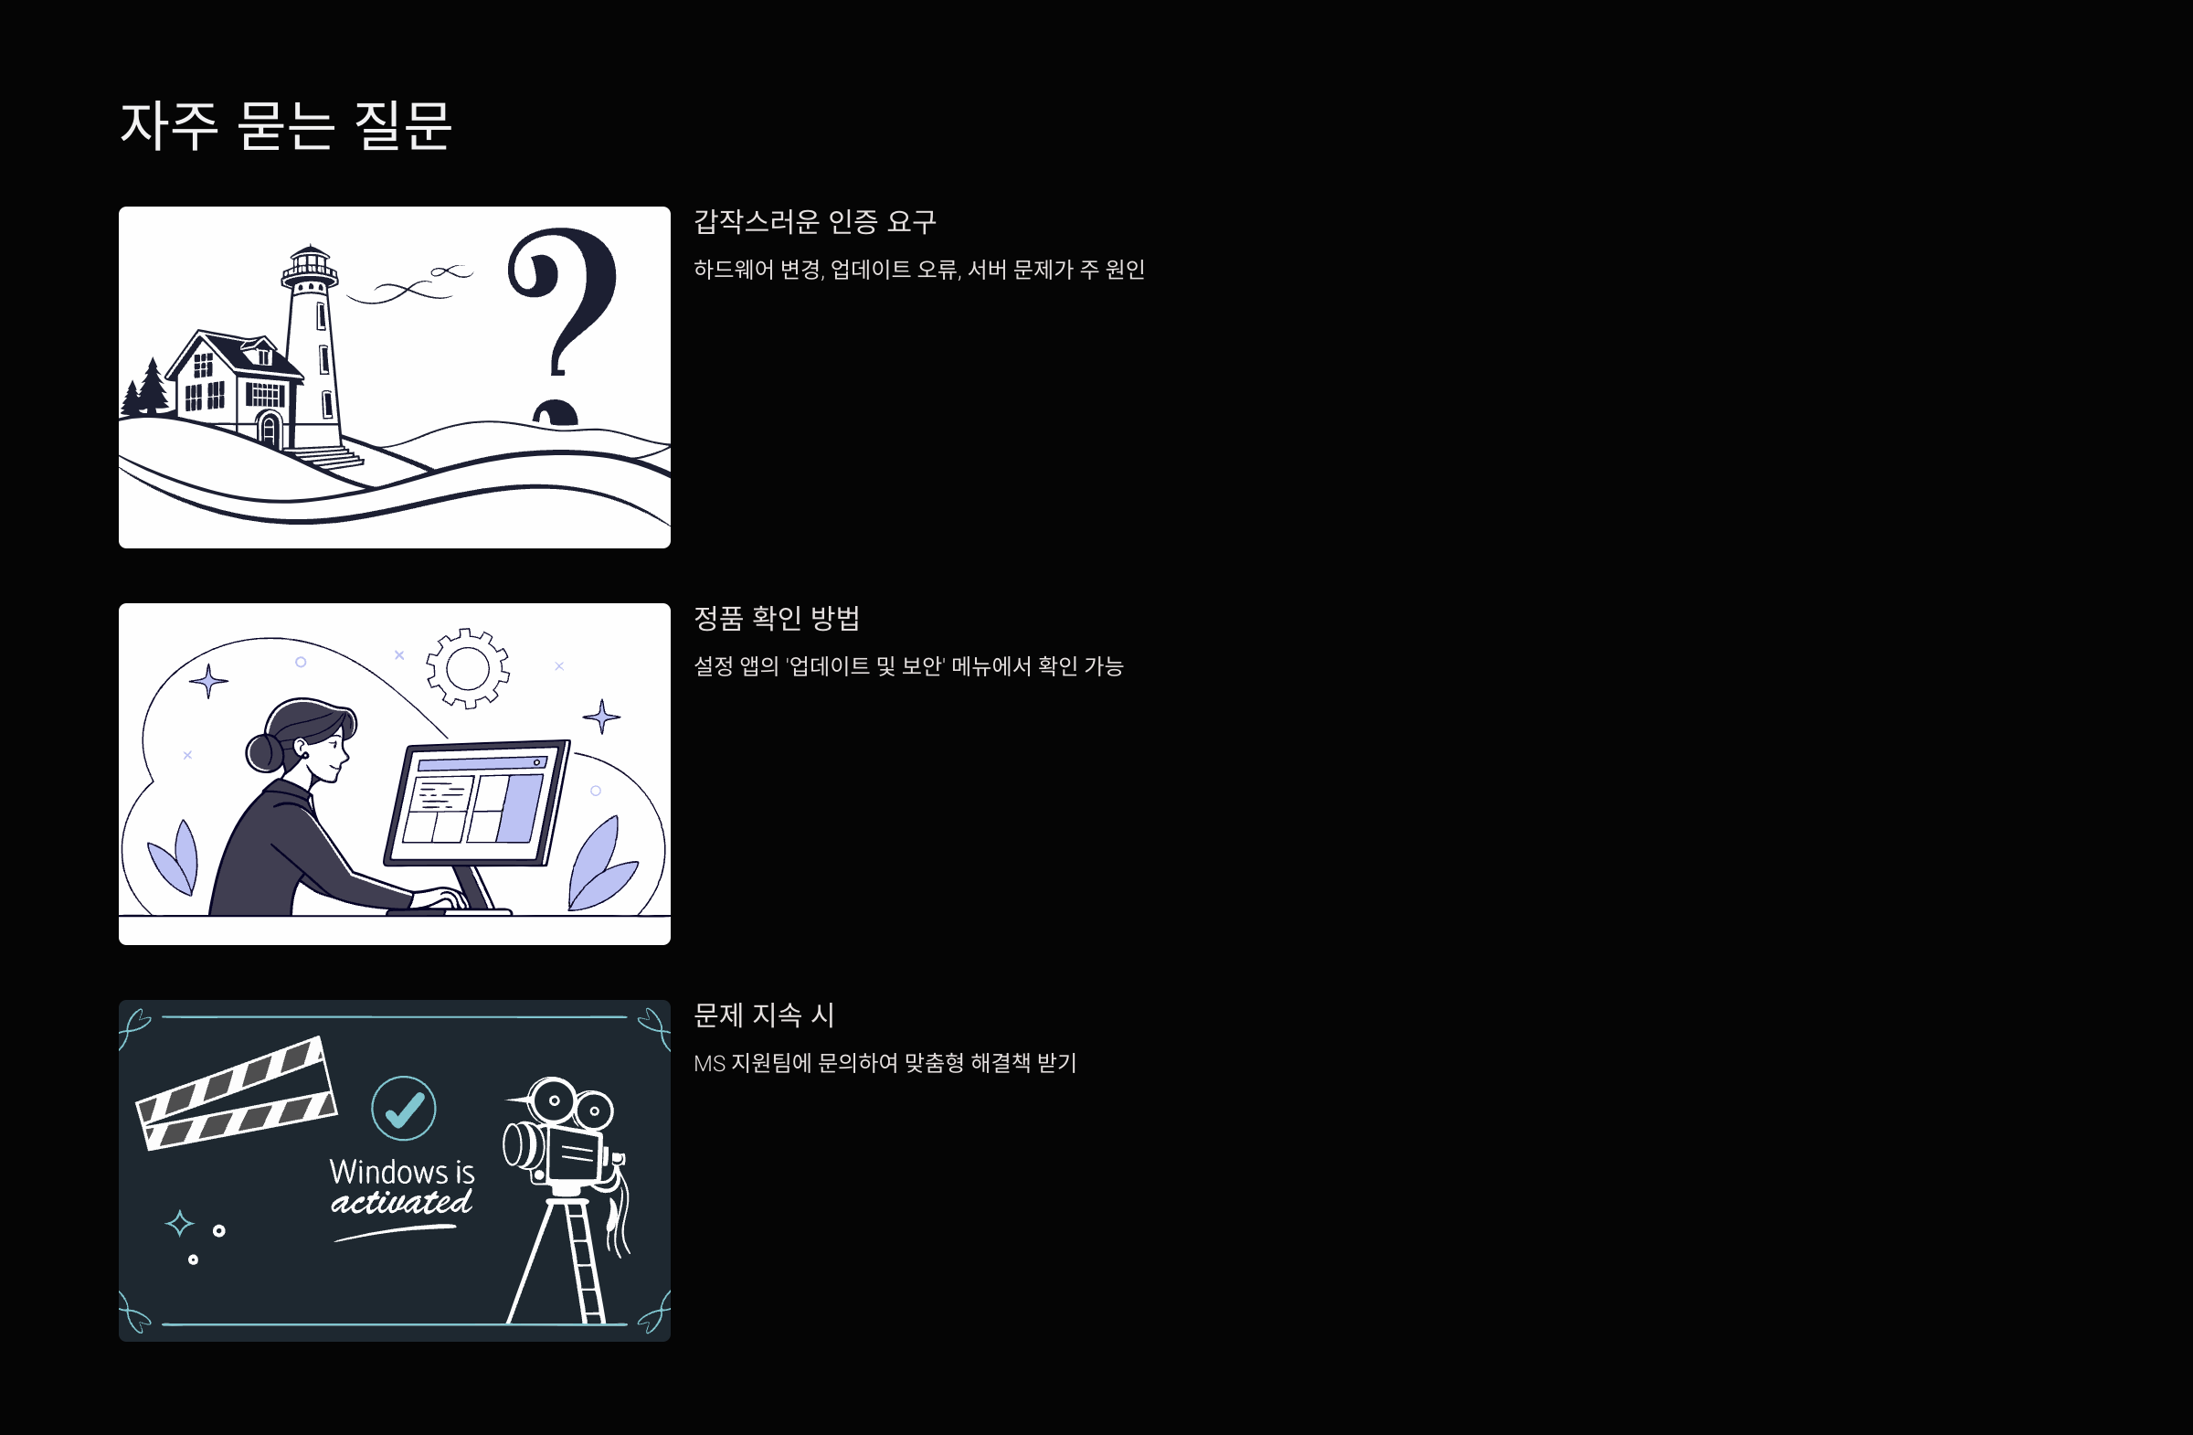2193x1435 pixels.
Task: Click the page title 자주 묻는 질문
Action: click(286, 125)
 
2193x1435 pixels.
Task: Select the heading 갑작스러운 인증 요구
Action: click(814, 222)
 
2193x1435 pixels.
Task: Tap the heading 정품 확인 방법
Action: click(776, 619)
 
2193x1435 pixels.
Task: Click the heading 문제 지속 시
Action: click(763, 1015)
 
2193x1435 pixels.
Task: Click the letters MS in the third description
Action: click(708, 1064)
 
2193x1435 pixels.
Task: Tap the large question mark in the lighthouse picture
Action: click(563, 304)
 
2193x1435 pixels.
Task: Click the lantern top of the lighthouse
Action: click(310, 265)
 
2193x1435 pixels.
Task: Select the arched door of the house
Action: click(269, 429)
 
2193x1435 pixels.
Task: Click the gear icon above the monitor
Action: click(467, 668)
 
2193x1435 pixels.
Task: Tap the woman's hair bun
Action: click(262, 752)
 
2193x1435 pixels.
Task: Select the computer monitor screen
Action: click(475, 801)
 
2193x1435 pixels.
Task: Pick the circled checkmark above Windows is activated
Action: click(403, 1108)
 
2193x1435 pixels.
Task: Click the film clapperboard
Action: click(236, 1093)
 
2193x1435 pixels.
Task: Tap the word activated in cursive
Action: click(402, 1203)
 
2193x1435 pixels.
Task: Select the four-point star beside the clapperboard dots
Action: click(180, 1223)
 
